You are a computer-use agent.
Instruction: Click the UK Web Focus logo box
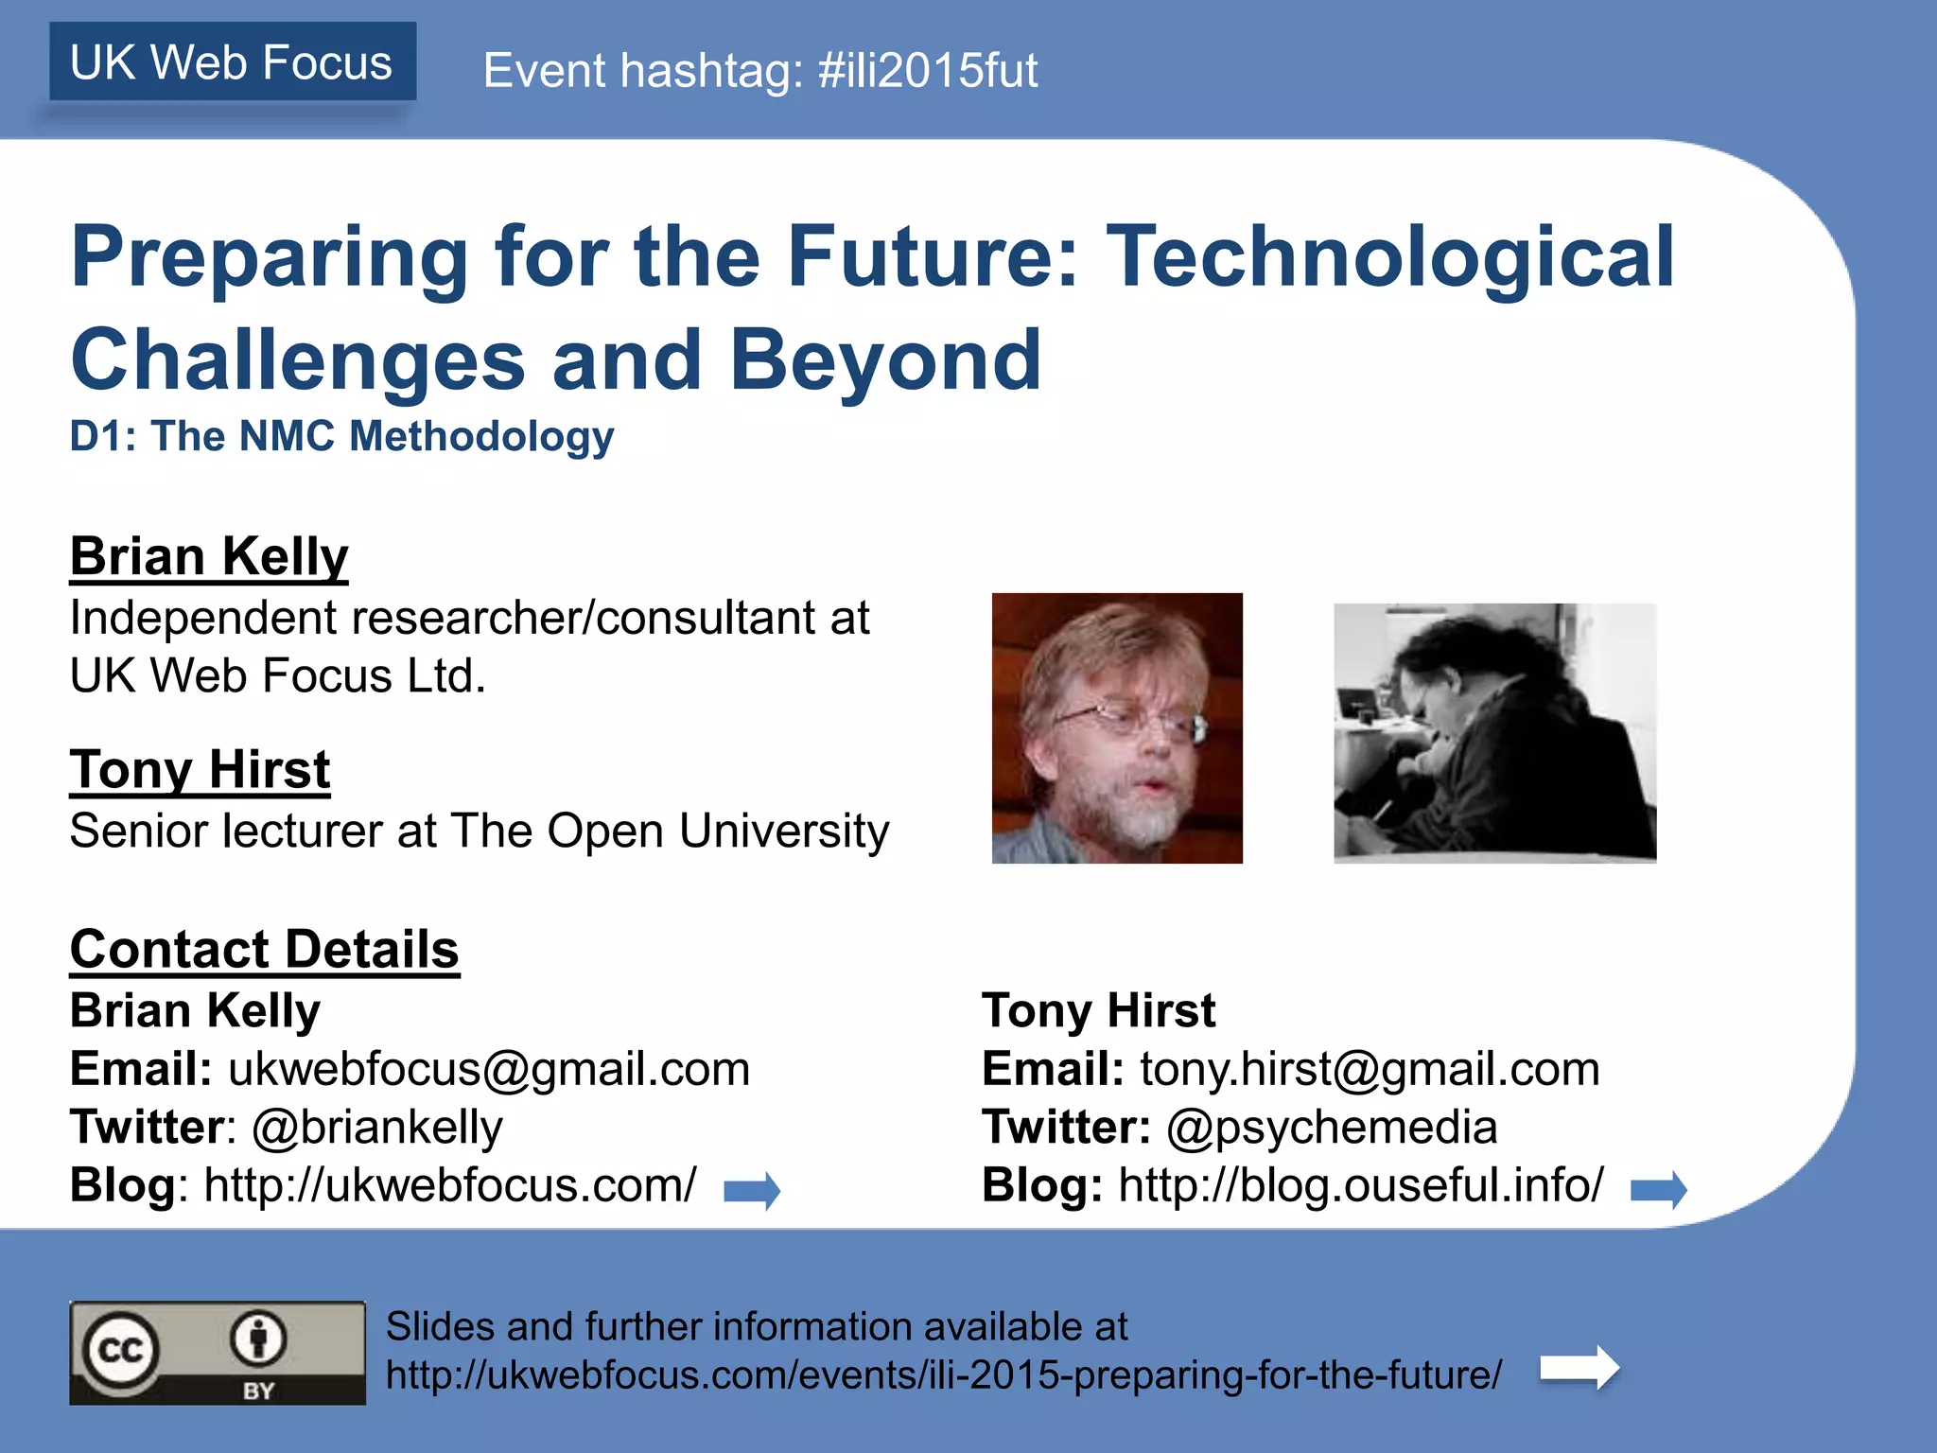233,62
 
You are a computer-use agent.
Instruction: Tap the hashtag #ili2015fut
927,71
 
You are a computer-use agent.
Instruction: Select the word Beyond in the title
885,360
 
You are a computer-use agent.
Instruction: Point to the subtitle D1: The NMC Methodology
341,436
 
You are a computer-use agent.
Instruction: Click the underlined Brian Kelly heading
209,555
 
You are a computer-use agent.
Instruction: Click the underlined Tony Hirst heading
200,768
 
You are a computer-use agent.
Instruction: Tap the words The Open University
670,831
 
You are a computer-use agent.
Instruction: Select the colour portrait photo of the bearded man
1116,727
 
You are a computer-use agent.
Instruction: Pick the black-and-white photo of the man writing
1494,732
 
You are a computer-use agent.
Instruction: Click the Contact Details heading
264,949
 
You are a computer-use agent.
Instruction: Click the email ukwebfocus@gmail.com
489,1069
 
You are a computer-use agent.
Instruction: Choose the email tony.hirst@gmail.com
1369,1069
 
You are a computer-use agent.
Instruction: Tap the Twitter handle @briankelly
377,1127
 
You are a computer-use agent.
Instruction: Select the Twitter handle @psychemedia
1332,1127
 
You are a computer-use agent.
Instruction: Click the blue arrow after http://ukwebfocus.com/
752,1190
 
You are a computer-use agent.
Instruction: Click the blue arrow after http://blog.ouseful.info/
1659,1189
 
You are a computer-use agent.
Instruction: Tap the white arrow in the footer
1579,1368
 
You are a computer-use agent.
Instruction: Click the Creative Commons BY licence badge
217,1353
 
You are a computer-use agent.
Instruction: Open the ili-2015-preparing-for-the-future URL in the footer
943,1374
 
